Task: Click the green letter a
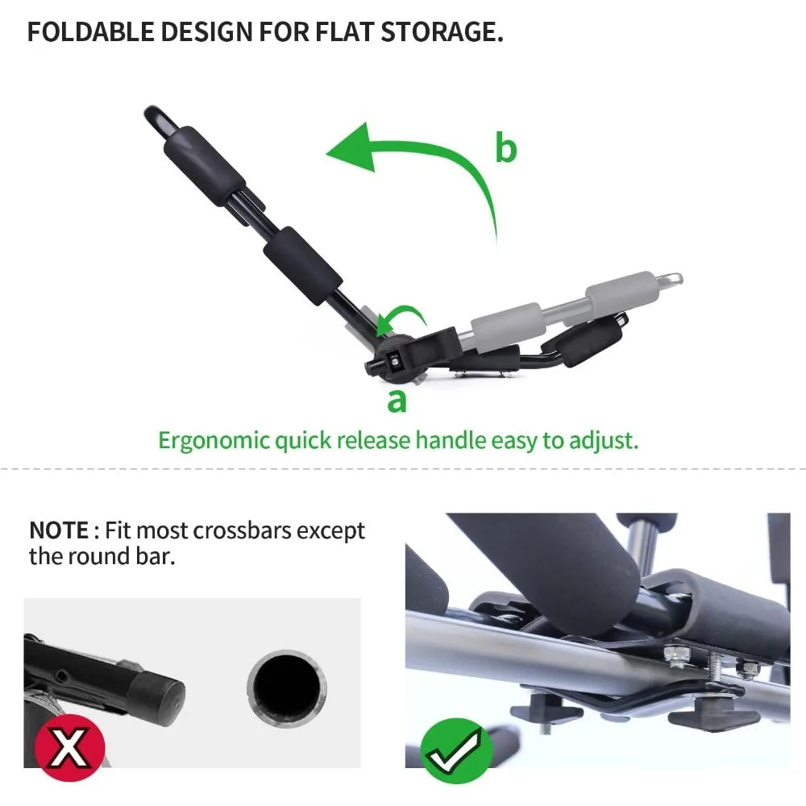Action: point(397,399)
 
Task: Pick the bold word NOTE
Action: point(58,530)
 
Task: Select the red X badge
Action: point(65,746)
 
